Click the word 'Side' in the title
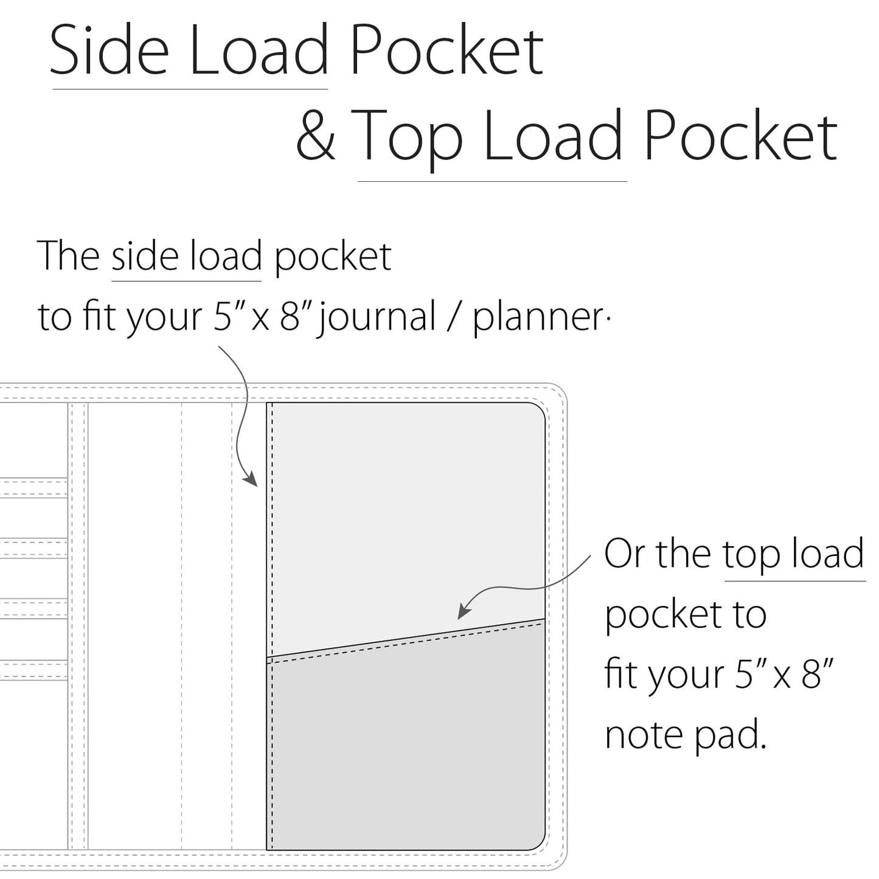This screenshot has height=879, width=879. (x=109, y=49)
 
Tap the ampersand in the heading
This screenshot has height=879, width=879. (x=315, y=135)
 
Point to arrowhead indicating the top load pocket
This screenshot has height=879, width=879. (x=464, y=611)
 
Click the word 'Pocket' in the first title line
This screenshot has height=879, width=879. (x=447, y=49)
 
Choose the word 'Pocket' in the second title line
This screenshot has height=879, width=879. (x=741, y=135)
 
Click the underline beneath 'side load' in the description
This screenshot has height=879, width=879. (x=186, y=281)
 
